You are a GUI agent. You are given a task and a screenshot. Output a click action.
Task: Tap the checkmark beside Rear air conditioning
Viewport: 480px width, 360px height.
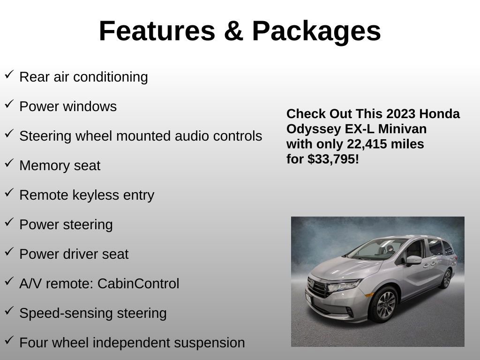point(9,75)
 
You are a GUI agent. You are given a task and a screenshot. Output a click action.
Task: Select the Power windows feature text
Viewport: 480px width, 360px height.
point(68,106)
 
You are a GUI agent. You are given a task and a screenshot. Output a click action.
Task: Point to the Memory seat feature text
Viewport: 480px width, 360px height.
point(60,165)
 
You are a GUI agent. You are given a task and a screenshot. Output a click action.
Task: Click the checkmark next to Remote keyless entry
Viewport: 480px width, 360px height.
point(9,193)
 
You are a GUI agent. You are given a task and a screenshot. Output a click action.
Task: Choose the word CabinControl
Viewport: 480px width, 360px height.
point(138,284)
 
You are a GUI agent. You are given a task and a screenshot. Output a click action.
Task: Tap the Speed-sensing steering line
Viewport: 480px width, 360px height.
point(93,313)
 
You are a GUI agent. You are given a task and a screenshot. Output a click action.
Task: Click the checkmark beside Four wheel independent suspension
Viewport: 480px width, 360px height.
point(9,340)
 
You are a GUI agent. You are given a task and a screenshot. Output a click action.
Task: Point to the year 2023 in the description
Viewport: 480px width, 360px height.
point(401,114)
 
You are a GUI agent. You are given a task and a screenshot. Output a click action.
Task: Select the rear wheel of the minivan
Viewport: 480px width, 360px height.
point(446,279)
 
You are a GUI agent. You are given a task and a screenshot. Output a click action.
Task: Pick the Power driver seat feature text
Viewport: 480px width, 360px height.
point(74,254)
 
